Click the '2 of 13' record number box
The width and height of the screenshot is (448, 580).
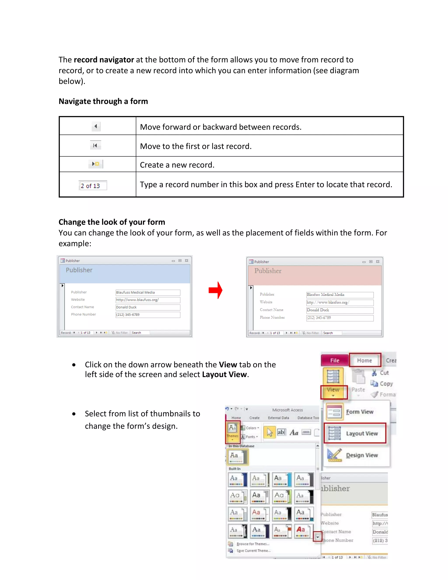click(93, 186)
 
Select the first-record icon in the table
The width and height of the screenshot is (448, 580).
click(95, 145)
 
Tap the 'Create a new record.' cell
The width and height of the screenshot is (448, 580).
click(177, 165)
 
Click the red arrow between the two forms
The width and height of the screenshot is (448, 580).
click(215, 290)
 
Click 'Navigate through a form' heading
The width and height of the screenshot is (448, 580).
click(103, 101)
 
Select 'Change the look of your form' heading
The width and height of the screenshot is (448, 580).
click(112, 222)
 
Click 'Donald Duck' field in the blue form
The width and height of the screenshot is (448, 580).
click(148, 307)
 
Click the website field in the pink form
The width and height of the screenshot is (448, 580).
click(340, 302)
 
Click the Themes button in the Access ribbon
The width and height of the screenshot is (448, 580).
click(233, 432)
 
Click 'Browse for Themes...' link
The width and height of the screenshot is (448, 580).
click(252, 544)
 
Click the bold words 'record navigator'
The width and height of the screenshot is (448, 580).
click(104, 60)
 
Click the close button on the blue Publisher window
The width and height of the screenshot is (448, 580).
click(187, 260)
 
